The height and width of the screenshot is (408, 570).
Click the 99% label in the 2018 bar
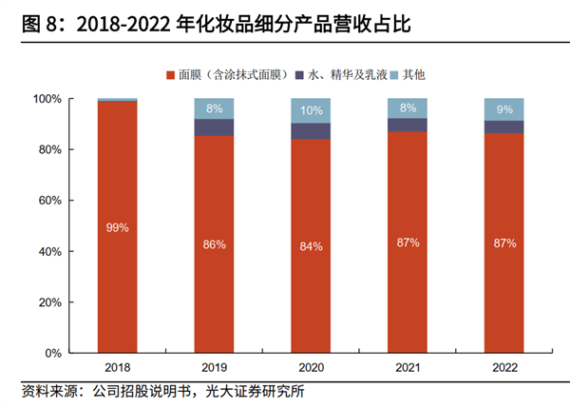[x=118, y=228]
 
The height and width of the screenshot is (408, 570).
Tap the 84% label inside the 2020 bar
[x=311, y=246]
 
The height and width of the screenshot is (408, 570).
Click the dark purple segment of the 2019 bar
[x=214, y=127]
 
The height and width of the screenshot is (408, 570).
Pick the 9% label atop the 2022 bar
[x=503, y=108]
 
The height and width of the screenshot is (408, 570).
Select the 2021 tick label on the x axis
[x=407, y=367]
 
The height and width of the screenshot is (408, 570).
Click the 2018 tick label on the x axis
[x=118, y=367]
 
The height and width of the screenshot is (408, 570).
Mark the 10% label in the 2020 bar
[x=311, y=110]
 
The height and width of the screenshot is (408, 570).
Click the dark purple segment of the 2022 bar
[x=503, y=126]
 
